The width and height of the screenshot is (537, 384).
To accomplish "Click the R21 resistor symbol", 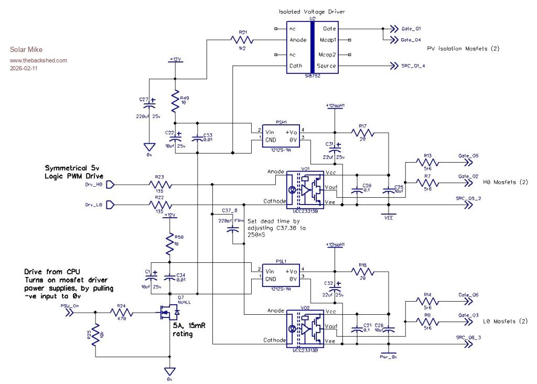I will [243, 40].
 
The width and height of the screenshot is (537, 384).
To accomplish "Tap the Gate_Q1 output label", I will [411, 29].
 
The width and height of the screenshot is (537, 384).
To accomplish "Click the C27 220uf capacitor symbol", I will [152, 101].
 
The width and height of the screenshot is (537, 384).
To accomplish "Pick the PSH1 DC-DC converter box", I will [281, 135].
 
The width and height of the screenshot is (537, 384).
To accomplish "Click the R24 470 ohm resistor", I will [121, 313].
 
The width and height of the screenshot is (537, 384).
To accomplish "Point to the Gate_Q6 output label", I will [468, 295].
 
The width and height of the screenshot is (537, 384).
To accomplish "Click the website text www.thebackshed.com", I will [39, 60].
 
